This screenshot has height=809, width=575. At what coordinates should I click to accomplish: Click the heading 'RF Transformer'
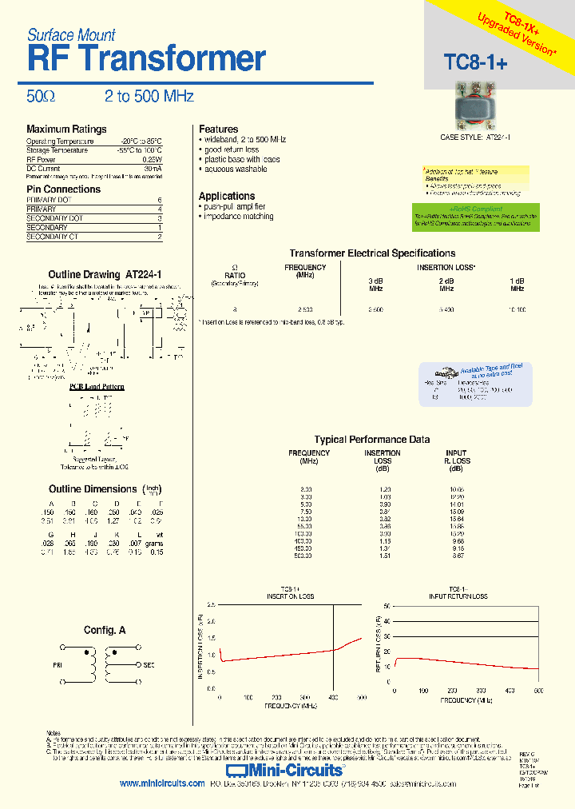[145, 59]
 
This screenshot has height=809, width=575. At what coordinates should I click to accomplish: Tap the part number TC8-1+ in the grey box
[475, 63]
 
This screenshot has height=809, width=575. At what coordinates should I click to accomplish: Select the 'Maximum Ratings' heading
[66, 130]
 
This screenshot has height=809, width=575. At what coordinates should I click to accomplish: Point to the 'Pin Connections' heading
[63, 189]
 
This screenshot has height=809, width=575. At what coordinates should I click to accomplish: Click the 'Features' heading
[218, 130]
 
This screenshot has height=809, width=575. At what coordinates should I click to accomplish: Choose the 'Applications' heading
[227, 196]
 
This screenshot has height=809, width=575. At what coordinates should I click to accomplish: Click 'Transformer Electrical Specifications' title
[372, 253]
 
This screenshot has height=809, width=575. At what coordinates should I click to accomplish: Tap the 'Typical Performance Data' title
[372, 440]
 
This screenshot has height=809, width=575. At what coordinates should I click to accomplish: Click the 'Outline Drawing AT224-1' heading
[105, 274]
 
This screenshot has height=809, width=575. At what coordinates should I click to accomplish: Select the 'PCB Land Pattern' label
[97, 387]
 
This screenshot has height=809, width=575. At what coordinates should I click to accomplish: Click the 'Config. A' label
[105, 631]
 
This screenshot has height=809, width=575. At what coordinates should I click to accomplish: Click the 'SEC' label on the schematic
[149, 664]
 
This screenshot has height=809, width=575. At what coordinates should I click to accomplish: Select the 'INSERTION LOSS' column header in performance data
[383, 457]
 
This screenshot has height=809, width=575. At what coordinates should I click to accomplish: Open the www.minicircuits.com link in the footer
[162, 784]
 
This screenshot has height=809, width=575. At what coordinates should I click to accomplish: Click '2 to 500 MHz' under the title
[149, 97]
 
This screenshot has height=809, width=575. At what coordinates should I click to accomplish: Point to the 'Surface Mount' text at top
[71, 35]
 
